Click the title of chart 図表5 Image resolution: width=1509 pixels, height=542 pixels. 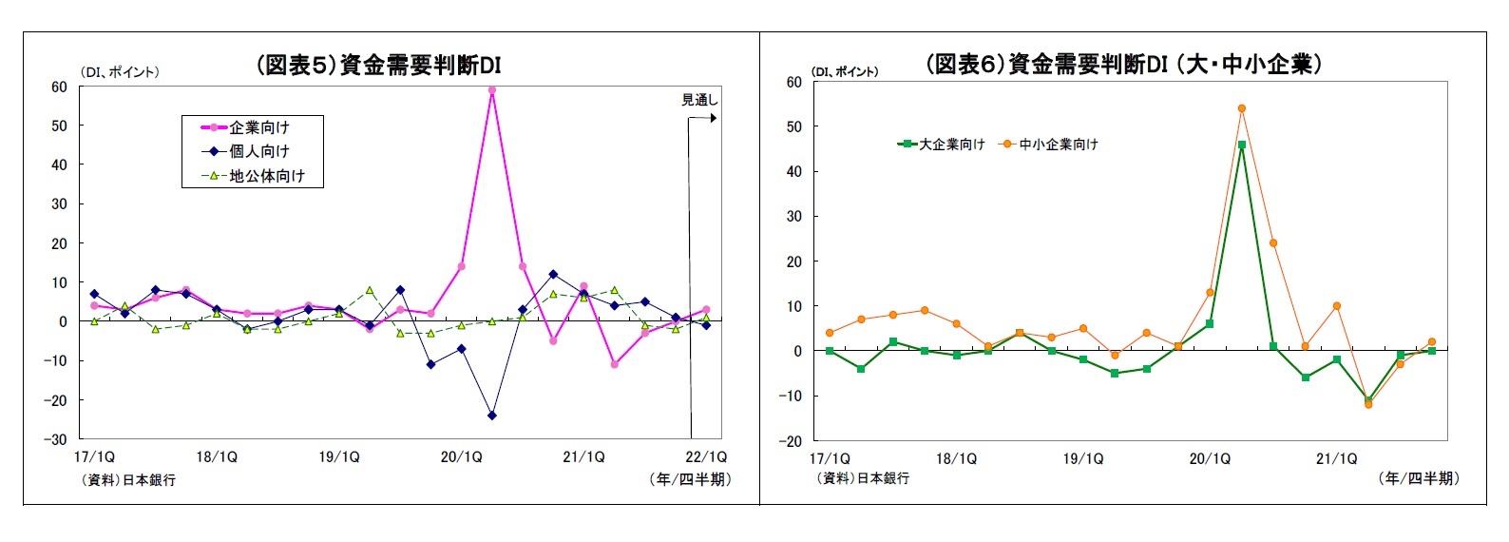click(x=378, y=65)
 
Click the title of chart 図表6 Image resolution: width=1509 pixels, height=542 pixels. click(x=1123, y=64)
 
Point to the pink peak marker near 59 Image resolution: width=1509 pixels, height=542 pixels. click(x=491, y=90)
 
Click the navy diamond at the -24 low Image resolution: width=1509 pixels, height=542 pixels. click(x=491, y=416)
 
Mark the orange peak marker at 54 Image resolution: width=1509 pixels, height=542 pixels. click(x=1241, y=108)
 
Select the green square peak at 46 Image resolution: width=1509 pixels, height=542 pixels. click(x=1241, y=145)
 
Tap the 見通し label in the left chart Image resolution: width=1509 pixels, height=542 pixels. click(x=699, y=100)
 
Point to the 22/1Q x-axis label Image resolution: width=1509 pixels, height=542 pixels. click(x=705, y=457)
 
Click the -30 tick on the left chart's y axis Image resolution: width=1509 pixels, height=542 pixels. click(x=59, y=439)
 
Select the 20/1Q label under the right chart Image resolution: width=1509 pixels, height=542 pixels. click(x=1210, y=459)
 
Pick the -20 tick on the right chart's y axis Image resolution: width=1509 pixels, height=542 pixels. click(x=793, y=441)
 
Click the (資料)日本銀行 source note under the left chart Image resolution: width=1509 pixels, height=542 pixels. click(x=128, y=480)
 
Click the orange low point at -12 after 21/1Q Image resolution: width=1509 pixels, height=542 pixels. click(x=1368, y=404)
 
